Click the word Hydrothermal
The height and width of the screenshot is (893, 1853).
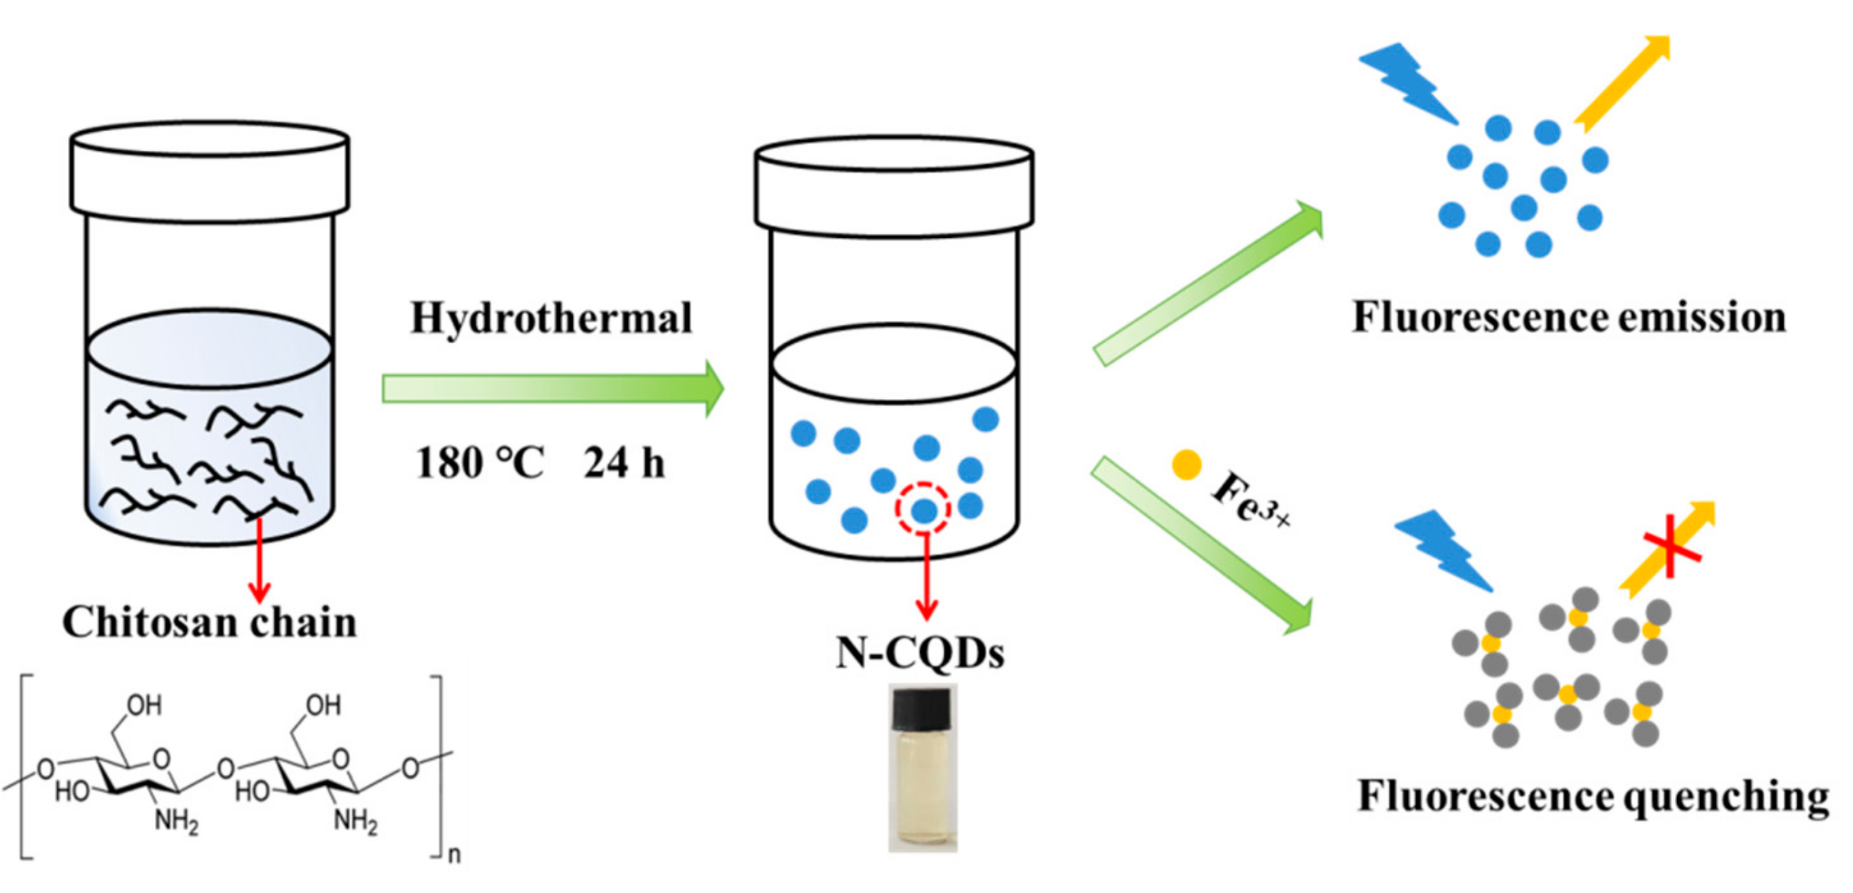coord(551,318)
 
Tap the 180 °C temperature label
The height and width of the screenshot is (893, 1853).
coord(480,463)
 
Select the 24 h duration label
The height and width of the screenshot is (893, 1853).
coord(624,463)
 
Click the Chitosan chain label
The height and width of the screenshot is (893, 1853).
coord(209,623)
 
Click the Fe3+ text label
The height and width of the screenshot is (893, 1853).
coord(1250,498)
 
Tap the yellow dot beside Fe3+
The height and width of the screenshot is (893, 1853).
coord(1186,465)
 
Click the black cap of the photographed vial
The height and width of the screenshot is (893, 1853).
coord(921,707)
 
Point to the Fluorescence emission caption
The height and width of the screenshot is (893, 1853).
coord(1569,317)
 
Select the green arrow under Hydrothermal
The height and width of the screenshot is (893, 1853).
coord(552,389)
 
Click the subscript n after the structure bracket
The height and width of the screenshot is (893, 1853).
coord(454,855)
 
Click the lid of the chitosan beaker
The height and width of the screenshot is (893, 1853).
coord(209,171)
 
